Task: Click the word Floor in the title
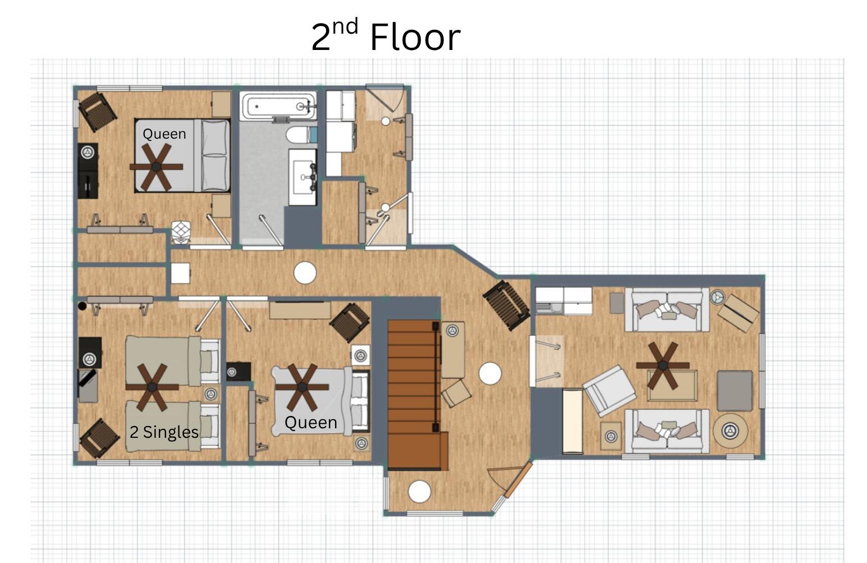click(x=415, y=37)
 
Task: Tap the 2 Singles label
click(x=164, y=432)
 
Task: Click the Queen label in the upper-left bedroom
click(x=164, y=134)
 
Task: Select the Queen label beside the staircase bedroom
click(x=311, y=423)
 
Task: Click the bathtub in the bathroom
click(x=278, y=106)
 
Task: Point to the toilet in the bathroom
click(x=301, y=135)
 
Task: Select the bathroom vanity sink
click(x=302, y=177)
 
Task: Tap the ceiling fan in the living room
click(x=663, y=365)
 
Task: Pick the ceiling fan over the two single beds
click(x=152, y=387)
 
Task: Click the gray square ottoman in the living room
click(x=734, y=391)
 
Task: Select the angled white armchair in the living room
click(x=609, y=391)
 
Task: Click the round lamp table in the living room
click(x=731, y=431)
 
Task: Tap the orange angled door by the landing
click(x=519, y=480)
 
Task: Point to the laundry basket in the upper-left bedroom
click(x=181, y=232)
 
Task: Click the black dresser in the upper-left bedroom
click(x=88, y=171)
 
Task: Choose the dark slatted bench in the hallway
click(x=506, y=305)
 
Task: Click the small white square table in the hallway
click(x=180, y=273)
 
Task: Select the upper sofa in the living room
click(x=667, y=309)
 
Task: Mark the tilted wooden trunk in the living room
click(x=738, y=313)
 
